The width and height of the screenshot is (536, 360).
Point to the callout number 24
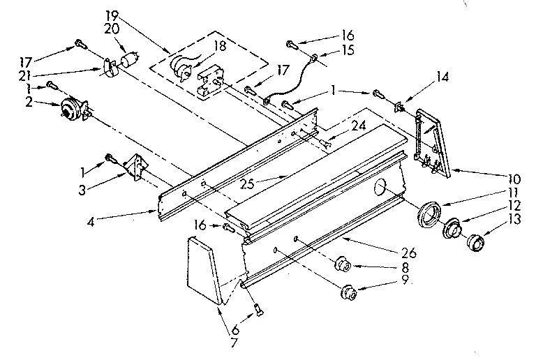(358, 126)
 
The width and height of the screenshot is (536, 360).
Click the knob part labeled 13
(476, 242)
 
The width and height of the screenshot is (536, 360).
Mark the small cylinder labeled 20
(128, 59)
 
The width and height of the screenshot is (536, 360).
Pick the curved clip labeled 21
(108, 67)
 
